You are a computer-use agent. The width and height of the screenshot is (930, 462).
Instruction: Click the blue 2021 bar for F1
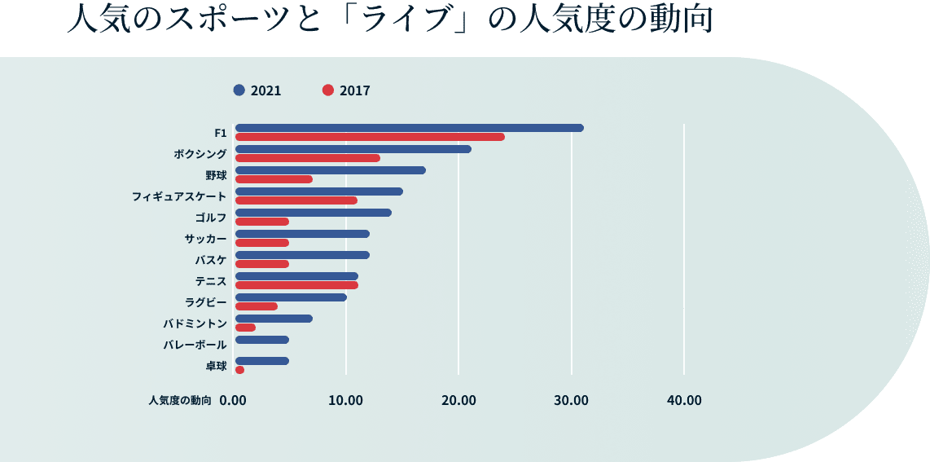[409, 128]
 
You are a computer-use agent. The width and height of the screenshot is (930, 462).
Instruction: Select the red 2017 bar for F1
[370, 137]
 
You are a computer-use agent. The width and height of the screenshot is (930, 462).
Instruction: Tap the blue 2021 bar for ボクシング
[353, 149]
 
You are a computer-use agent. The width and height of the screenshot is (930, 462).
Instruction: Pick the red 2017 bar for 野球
[274, 179]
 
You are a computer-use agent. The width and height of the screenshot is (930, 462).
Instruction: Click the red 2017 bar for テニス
[296, 285]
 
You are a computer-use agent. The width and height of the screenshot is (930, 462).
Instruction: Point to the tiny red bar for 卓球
[239, 370]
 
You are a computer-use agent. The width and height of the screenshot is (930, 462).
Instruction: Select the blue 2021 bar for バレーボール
[261, 340]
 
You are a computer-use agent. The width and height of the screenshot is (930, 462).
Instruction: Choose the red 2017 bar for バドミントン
[245, 328]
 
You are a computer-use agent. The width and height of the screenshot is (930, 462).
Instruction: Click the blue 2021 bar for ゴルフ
[313, 213]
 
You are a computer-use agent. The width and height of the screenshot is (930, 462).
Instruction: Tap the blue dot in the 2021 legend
[239, 90]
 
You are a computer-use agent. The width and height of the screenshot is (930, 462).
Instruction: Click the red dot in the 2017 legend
[328, 90]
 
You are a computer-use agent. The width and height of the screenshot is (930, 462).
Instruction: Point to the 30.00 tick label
[571, 400]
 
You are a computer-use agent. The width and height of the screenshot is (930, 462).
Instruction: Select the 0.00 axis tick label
[233, 400]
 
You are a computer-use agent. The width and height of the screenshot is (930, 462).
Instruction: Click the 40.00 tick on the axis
[683, 400]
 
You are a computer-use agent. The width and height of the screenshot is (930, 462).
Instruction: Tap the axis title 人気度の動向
[180, 400]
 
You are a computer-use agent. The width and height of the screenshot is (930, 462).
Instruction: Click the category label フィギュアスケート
[179, 196]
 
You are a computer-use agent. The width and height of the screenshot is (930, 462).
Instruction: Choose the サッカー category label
[205, 239]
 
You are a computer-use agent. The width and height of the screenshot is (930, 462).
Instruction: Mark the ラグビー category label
[205, 302]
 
